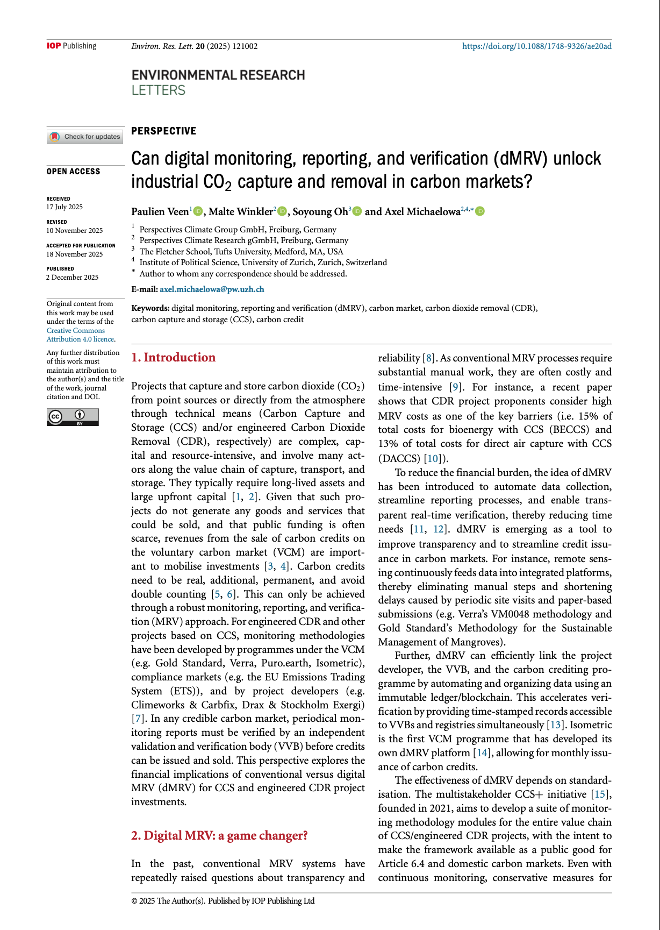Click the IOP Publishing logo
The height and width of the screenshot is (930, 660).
tap(71, 46)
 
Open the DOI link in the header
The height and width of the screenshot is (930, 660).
tap(536, 46)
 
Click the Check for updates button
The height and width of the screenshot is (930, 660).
tap(85, 137)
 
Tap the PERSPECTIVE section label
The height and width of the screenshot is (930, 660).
tap(164, 131)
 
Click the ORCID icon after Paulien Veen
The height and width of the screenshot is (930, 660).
tap(198, 211)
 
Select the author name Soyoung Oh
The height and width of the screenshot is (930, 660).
tap(320, 211)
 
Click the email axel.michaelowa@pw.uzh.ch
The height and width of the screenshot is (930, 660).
tap(212, 289)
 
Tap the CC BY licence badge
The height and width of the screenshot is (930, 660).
tap(73, 417)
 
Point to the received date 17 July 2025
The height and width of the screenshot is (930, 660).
tap(64, 207)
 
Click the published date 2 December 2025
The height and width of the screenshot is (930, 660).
tap(73, 278)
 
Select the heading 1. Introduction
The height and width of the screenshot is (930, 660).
tap(173, 357)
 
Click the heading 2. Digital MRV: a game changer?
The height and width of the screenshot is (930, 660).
tap(219, 835)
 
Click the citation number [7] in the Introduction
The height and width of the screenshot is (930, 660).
tap(138, 719)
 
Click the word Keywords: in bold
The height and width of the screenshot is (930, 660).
tap(150, 308)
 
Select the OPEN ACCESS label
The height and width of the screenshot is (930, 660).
tap(74, 172)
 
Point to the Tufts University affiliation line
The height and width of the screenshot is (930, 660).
tap(241, 251)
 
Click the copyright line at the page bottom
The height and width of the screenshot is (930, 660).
tap(223, 901)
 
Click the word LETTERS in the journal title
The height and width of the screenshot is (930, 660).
tap(159, 90)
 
